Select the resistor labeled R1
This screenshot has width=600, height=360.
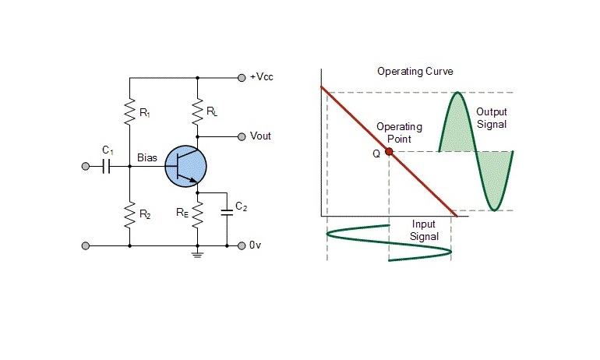130,114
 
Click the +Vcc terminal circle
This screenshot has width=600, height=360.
241,78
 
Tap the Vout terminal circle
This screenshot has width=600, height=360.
241,136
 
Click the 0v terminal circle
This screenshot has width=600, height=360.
241,245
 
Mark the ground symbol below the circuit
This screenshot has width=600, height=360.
198,254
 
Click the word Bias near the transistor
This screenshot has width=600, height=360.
147,158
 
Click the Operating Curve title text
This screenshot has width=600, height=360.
415,72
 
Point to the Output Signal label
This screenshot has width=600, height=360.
491,118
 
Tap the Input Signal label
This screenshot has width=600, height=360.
425,230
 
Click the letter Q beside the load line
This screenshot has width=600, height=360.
376,154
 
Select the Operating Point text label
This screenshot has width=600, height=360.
399,132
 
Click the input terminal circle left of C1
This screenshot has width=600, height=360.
85,166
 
